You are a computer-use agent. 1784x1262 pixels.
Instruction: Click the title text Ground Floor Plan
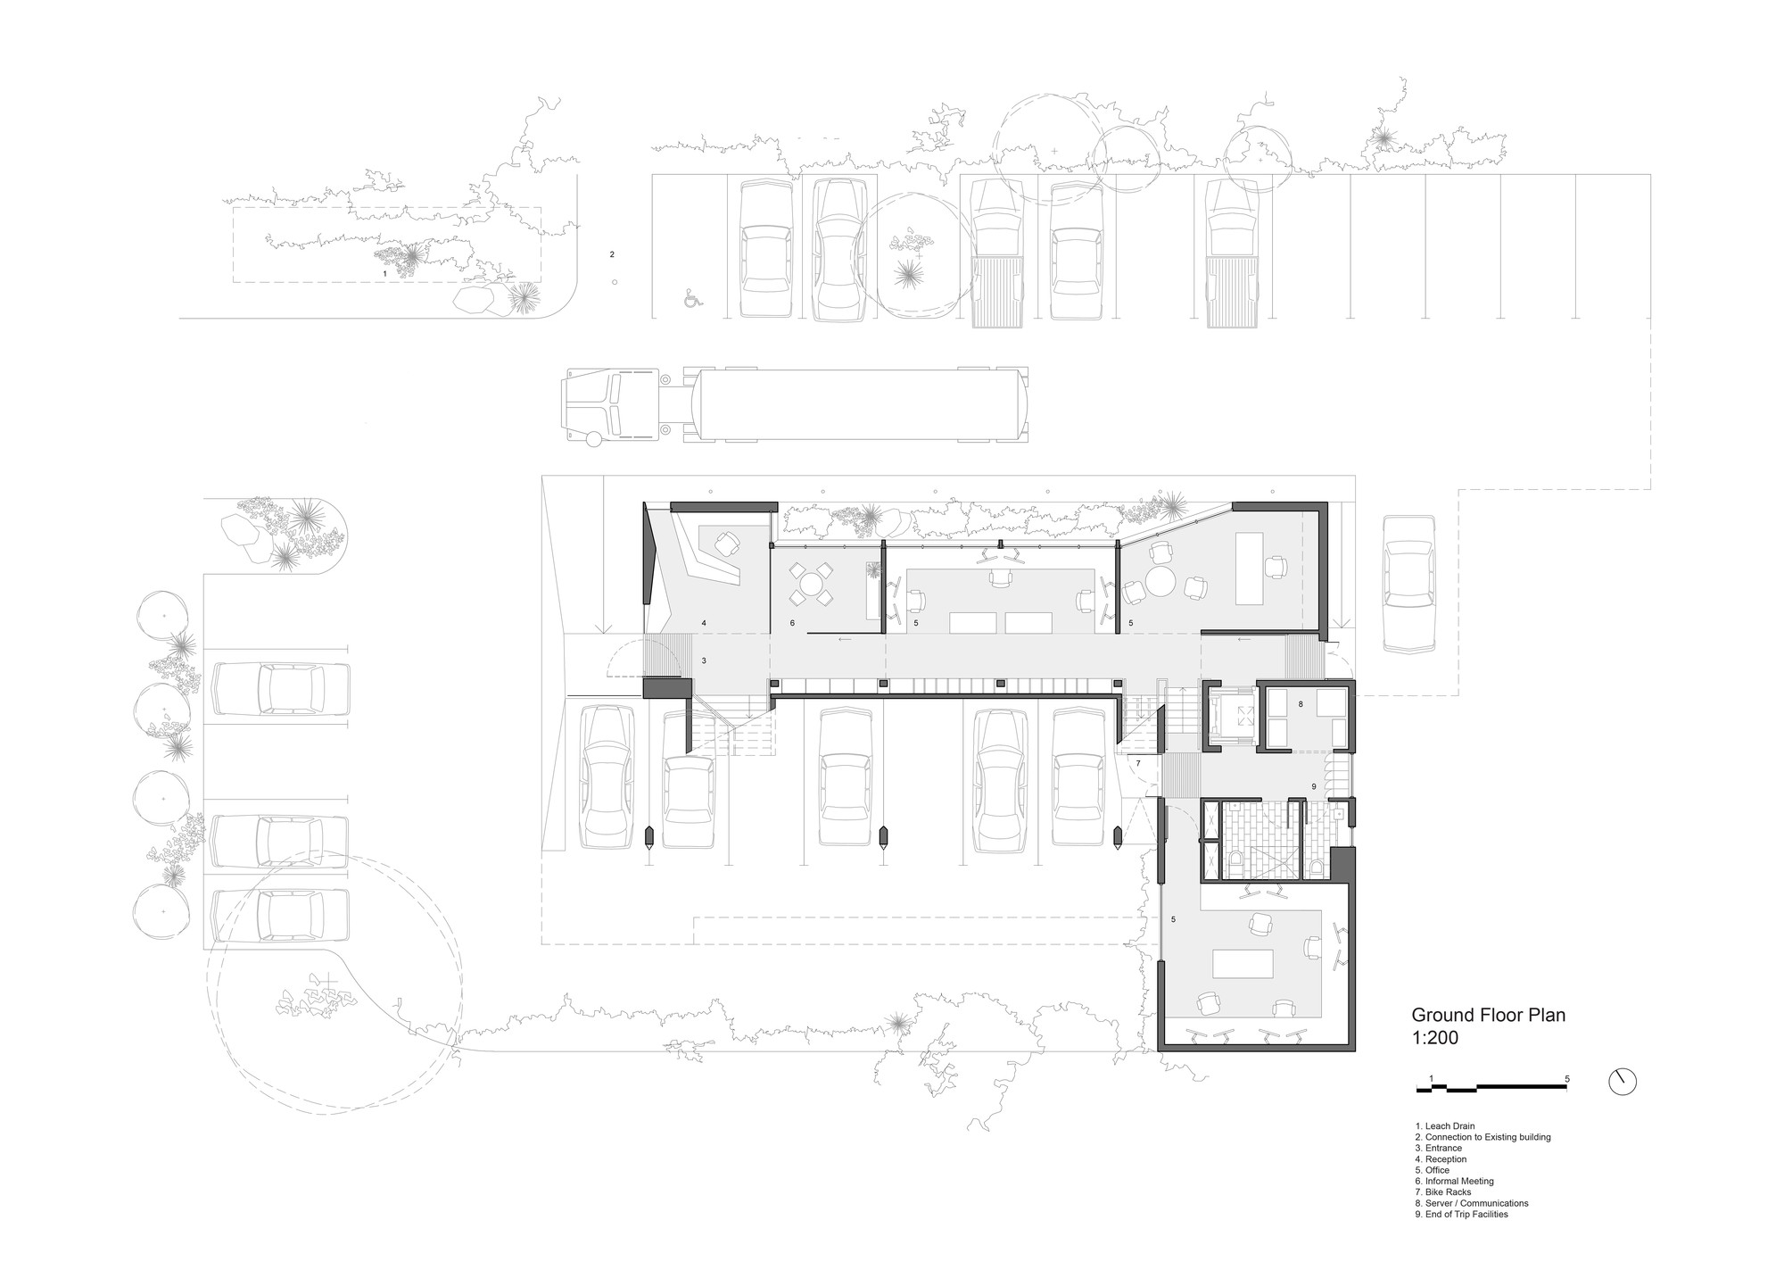pos(1488,1015)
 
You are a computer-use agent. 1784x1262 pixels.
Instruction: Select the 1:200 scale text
pos(1434,1038)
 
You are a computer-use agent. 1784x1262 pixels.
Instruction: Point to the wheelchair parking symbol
pos(693,298)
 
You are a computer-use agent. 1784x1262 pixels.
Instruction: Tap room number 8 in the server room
pos(1301,704)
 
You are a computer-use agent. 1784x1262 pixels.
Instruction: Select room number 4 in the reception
pos(704,622)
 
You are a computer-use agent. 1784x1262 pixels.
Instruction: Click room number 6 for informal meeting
pos(792,622)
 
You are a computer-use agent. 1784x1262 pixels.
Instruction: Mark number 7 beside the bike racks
pos(1138,763)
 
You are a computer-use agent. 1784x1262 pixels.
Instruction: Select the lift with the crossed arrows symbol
pos(1231,715)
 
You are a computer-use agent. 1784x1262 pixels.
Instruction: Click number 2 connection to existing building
pos(612,254)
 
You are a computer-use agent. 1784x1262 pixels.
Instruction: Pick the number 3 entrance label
pos(704,660)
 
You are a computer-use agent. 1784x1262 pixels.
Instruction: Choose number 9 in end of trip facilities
pos(1314,786)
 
